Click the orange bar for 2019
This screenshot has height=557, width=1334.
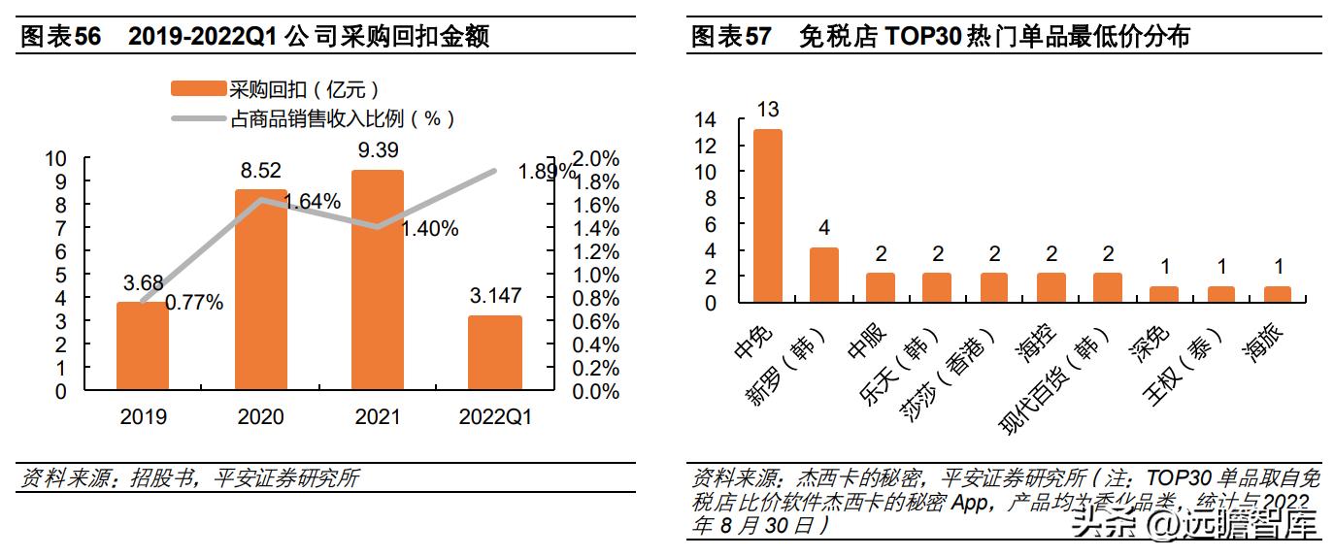(x=143, y=346)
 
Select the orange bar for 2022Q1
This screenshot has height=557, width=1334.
(x=495, y=353)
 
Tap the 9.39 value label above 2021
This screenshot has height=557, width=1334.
(x=378, y=150)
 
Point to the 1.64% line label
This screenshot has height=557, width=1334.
(x=312, y=202)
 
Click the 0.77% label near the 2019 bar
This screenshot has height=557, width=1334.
(x=194, y=303)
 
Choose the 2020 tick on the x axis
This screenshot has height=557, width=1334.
(x=260, y=417)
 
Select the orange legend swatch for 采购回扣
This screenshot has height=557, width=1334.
(x=198, y=89)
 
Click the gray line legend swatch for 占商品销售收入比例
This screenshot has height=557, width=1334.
(x=198, y=119)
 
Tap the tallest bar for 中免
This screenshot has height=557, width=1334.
(x=768, y=215)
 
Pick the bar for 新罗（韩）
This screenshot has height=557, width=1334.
(x=824, y=276)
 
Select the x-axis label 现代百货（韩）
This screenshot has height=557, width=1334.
(x=1053, y=383)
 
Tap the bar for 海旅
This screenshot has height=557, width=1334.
(x=1277, y=295)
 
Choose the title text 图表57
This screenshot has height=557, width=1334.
(x=730, y=37)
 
